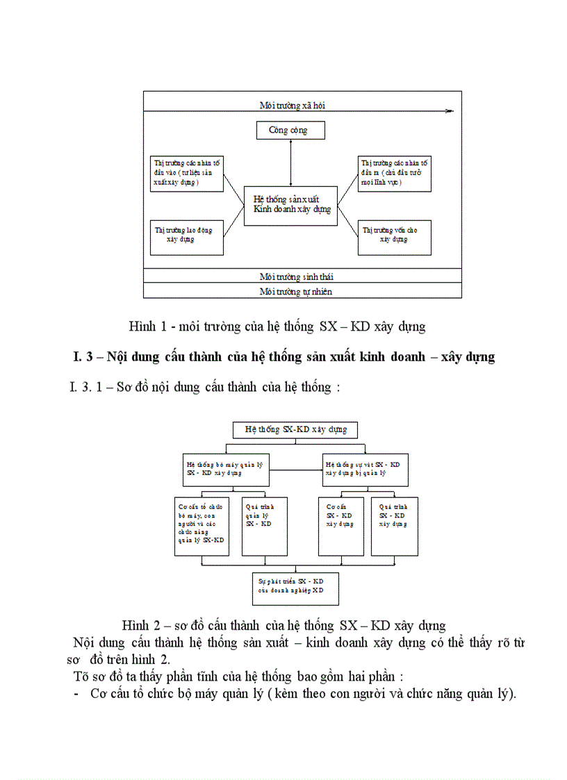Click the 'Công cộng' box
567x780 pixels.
coord(287,130)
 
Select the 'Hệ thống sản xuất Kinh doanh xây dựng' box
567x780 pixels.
coord(290,205)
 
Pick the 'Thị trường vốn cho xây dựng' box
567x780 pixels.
coord(393,235)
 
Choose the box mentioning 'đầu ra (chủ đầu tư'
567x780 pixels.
coord(393,173)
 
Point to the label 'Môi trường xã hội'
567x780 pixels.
coord(293,106)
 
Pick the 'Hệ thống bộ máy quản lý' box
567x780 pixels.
coord(222,469)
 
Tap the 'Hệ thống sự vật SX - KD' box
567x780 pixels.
coord(365,469)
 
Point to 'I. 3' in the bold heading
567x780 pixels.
coord(83,357)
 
